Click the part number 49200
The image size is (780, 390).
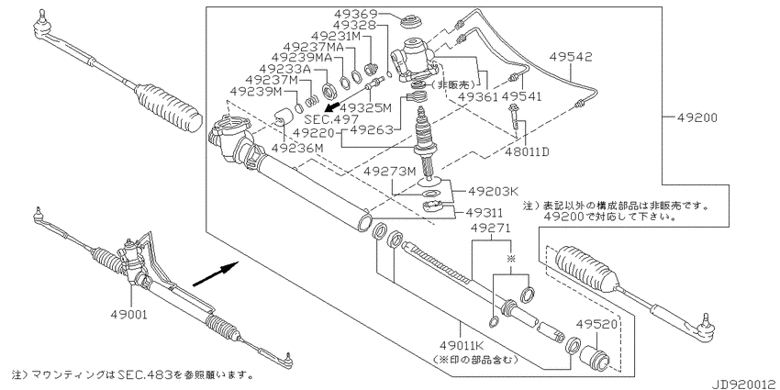click(697, 117)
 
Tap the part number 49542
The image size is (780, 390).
click(571, 57)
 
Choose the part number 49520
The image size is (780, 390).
click(597, 324)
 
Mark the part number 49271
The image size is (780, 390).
click(492, 228)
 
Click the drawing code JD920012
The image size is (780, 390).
click(745, 384)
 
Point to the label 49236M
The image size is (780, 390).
click(297, 148)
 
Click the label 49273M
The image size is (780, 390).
click(389, 171)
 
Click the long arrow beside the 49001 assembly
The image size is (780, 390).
click(217, 274)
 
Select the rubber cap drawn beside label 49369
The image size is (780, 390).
click(412, 23)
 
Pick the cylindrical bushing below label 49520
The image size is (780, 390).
click(595, 357)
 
